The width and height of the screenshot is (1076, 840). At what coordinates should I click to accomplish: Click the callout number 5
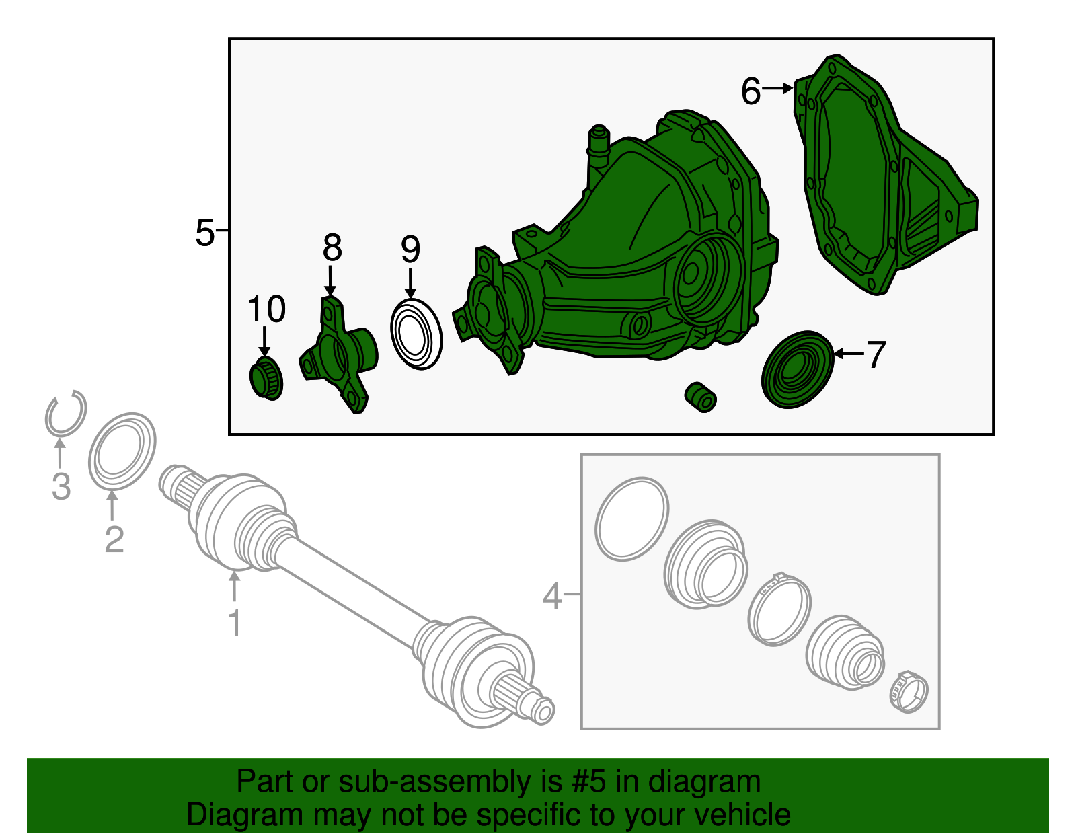[204, 233]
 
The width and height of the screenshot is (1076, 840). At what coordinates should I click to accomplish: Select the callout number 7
[876, 354]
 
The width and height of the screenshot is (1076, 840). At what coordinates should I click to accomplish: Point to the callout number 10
[266, 309]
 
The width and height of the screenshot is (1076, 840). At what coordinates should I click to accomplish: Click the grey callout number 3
[61, 486]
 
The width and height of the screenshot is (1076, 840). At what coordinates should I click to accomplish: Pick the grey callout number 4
[552, 595]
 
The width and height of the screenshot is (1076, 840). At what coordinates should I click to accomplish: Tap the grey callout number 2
[114, 539]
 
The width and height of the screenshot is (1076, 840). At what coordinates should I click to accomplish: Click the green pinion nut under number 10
[266, 379]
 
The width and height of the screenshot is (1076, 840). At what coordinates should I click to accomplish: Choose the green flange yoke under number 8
[338, 355]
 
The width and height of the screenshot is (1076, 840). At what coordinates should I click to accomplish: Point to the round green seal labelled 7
[797, 369]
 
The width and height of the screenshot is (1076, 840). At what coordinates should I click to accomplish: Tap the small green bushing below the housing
[700, 397]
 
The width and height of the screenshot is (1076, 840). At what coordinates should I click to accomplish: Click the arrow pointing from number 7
[849, 354]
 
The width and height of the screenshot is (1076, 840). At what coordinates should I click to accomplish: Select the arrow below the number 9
[410, 283]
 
